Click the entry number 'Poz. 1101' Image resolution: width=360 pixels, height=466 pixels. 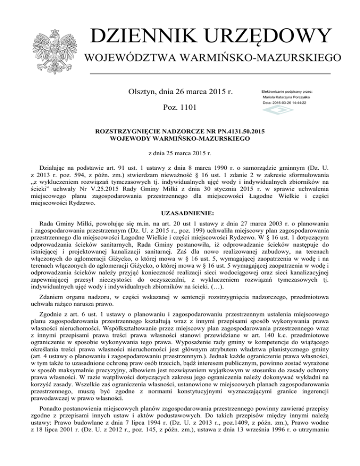click(x=180, y=108)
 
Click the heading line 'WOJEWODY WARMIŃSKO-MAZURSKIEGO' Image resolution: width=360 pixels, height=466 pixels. click(x=180, y=139)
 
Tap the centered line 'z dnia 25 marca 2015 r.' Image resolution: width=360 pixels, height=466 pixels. click(x=180, y=153)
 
